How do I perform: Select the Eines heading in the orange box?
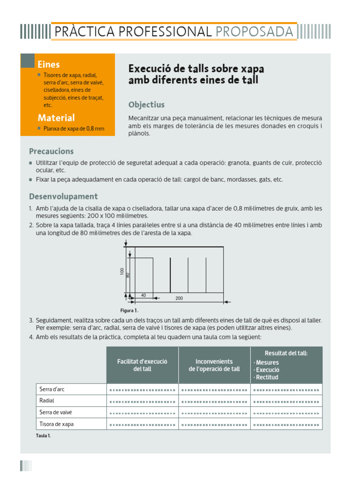click(x=49, y=65)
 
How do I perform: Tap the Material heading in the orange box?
click(x=56, y=118)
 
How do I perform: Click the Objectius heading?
click(x=146, y=105)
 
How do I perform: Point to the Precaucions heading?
click(x=51, y=151)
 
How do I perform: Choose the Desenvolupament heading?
click(x=63, y=196)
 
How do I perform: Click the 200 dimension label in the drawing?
click(x=179, y=298)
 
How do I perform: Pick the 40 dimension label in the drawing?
click(x=143, y=295)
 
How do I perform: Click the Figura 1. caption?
click(x=129, y=310)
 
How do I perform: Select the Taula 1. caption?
click(x=43, y=435)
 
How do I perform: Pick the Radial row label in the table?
click(x=47, y=401)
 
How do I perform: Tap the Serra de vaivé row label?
click(x=56, y=412)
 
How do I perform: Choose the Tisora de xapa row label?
click(x=57, y=424)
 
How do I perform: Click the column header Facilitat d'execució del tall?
click(x=142, y=365)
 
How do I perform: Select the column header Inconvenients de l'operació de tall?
click(x=214, y=365)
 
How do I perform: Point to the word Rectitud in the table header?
click(x=267, y=377)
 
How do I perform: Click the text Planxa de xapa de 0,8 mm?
click(x=74, y=128)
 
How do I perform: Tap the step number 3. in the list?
click(x=31, y=320)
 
